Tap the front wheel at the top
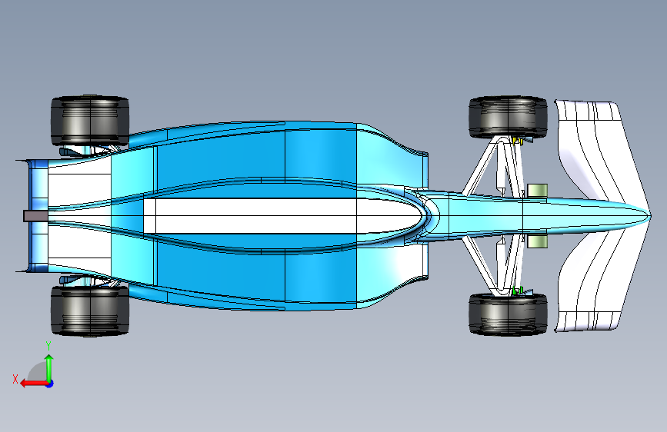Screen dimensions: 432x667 507,117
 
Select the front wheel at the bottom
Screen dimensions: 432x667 507,314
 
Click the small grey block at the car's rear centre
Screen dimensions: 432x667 35,216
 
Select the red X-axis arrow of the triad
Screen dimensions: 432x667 31,382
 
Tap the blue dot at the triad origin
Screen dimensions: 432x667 49,383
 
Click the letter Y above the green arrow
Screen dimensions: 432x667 48,345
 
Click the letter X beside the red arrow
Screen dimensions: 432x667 15,379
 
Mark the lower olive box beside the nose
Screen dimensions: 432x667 536,241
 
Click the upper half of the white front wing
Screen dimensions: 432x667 592,146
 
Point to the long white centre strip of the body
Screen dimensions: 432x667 254,216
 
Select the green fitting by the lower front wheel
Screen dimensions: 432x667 518,290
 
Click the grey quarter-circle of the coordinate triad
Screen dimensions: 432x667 37,374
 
